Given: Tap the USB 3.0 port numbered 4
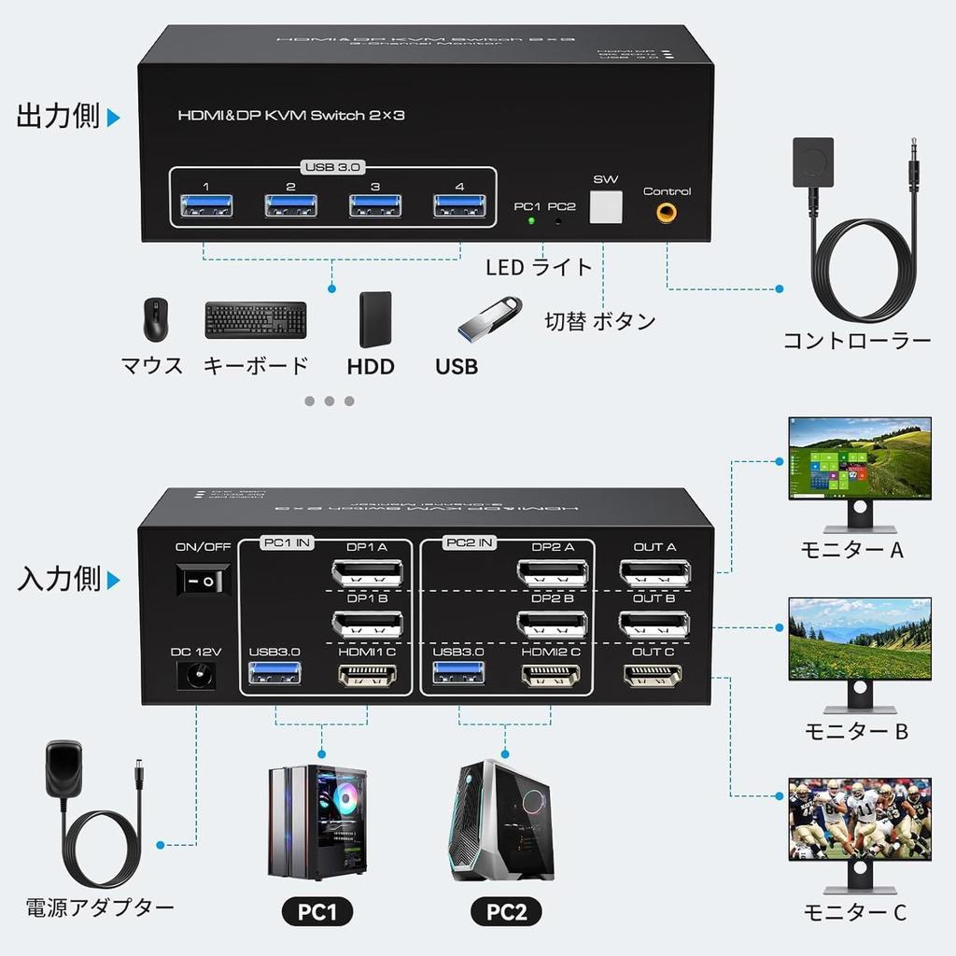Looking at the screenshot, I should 459,206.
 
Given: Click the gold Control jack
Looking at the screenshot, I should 667,214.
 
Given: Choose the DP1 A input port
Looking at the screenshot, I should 367,571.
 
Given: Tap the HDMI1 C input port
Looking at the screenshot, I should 367,676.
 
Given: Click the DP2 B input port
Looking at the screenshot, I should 552,624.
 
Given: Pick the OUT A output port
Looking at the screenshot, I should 654,571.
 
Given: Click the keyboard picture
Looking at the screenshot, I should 255,319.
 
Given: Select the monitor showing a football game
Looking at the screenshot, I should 859,819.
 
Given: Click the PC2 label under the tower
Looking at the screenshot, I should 506,912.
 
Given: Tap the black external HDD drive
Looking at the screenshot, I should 374,319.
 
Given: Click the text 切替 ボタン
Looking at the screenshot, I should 600,322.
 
